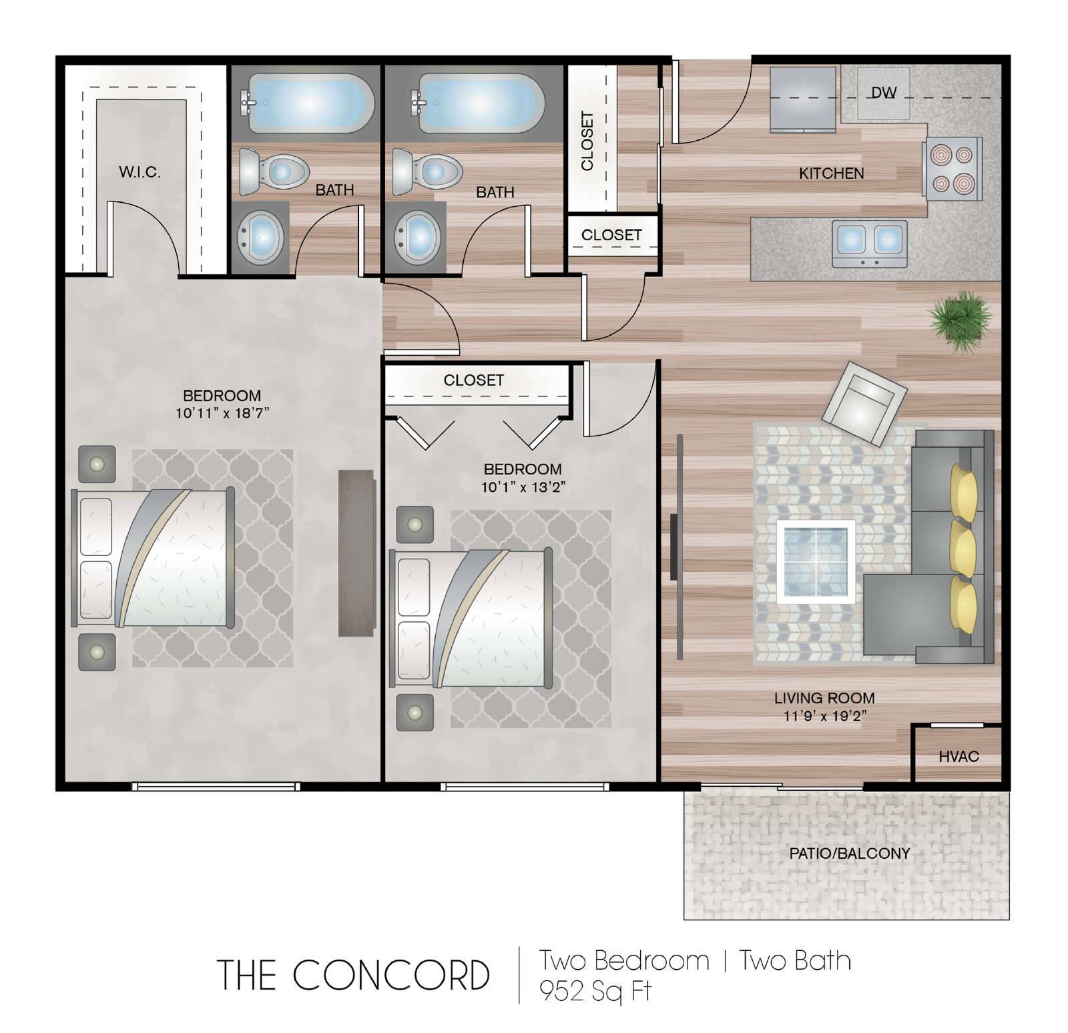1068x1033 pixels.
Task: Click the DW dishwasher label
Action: point(883,93)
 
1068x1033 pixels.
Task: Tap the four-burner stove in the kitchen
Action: point(953,168)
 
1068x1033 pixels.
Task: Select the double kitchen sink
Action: point(870,244)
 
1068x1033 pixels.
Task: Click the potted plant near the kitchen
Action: point(961,320)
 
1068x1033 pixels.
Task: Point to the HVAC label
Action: point(959,756)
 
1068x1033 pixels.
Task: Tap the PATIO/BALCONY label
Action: point(849,853)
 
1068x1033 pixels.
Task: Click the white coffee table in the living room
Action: point(816,561)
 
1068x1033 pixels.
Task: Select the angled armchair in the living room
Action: point(864,402)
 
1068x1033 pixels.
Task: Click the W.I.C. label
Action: point(140,171)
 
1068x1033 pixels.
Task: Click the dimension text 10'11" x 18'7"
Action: point(222,412)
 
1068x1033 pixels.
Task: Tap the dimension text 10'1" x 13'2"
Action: point(523,486)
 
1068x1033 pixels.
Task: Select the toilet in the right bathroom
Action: point(427,171)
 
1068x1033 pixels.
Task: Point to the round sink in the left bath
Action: point(262,236)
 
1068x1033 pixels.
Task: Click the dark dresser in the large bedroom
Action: point(356,553)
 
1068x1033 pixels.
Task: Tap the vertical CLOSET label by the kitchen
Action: point(587,141)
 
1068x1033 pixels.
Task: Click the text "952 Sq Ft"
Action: point(595,991)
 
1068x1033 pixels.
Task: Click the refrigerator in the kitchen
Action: point(803,99)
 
